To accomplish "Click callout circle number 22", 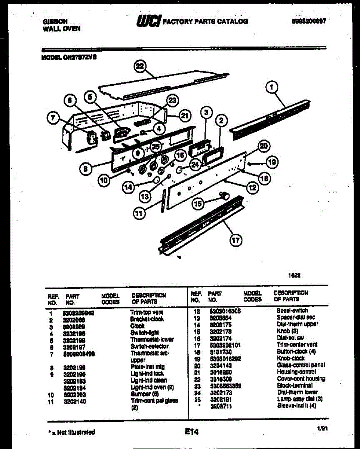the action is point(139,67).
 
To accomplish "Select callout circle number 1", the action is point(272,88).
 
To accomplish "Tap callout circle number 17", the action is point(236,240).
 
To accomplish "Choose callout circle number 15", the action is point(198,204).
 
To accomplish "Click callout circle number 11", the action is point(139,214).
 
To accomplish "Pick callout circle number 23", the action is point(172,100).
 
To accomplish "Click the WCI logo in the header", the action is point(149,21).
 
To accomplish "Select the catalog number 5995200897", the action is point(308,22).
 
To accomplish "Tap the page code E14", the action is point(191,432).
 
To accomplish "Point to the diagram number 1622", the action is point(294,275).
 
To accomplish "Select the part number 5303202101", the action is point(225,345).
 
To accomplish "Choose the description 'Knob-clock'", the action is point(290,358).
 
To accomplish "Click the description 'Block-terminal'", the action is point(295,385).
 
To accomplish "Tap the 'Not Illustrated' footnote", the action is point(71,433).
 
